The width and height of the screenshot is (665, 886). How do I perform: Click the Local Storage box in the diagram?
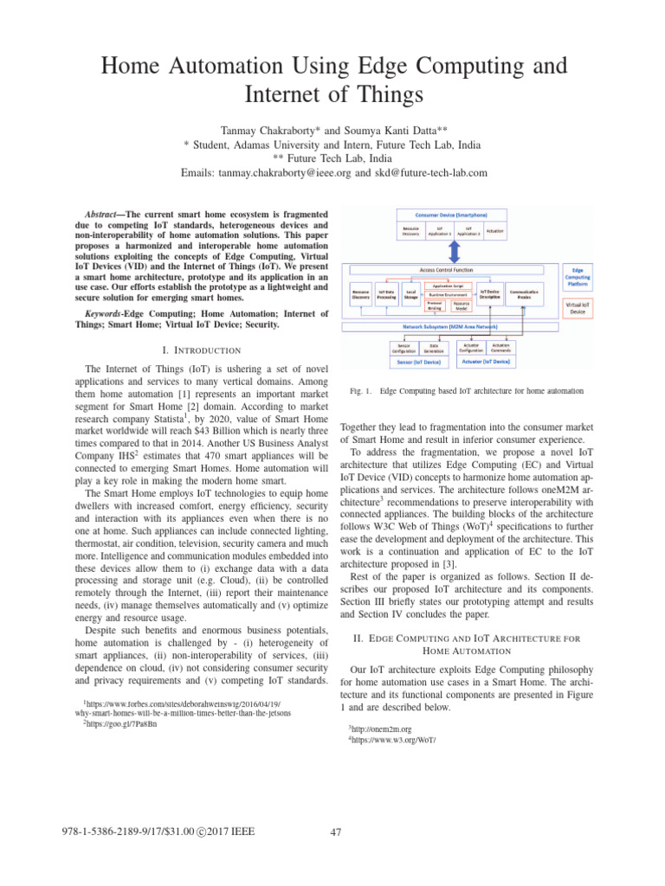(x=413, y=296)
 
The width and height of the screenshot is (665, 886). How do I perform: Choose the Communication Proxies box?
(x=525, y=295)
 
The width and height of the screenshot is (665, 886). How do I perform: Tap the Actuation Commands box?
(x=502, y=349)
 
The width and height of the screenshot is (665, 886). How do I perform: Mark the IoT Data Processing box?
(x=387, y=296)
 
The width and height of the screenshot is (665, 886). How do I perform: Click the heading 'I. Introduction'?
(x=202, y=350)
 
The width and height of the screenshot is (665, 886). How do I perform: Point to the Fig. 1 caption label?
(x=356, y=391)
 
